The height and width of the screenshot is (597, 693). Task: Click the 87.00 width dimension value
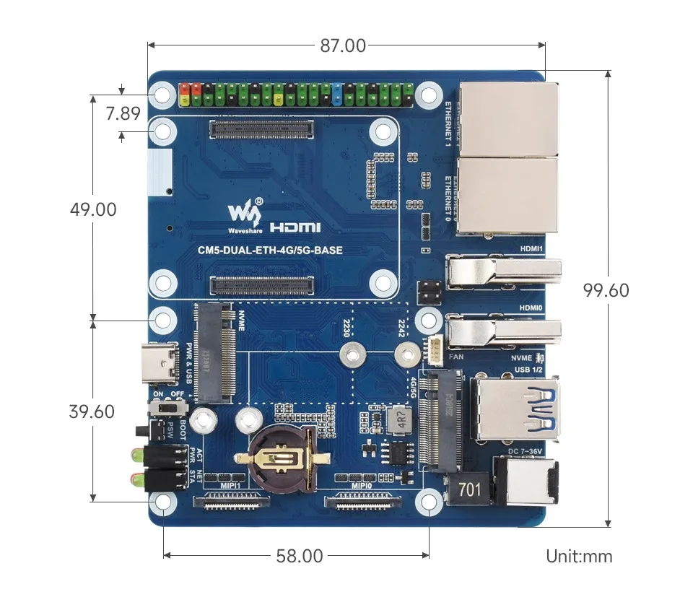click(343, 45)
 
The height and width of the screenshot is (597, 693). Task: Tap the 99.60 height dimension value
click(606, 290)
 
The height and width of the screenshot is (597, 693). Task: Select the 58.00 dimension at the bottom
click(299, 556)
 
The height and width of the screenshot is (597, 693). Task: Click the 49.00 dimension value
click(93, 209)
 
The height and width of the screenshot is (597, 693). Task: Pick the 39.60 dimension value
click(92, 411)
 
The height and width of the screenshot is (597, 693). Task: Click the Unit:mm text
click(579, 556)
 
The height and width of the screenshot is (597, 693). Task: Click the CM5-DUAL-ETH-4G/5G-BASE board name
click(270, 251)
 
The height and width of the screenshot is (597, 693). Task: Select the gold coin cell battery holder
click(277, 456)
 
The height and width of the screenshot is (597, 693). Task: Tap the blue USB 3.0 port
click(515, 408)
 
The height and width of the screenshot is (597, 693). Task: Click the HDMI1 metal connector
click(502, 271)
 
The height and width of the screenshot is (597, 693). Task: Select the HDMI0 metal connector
click(502, 333)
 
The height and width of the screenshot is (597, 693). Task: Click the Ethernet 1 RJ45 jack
click(508, 118)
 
